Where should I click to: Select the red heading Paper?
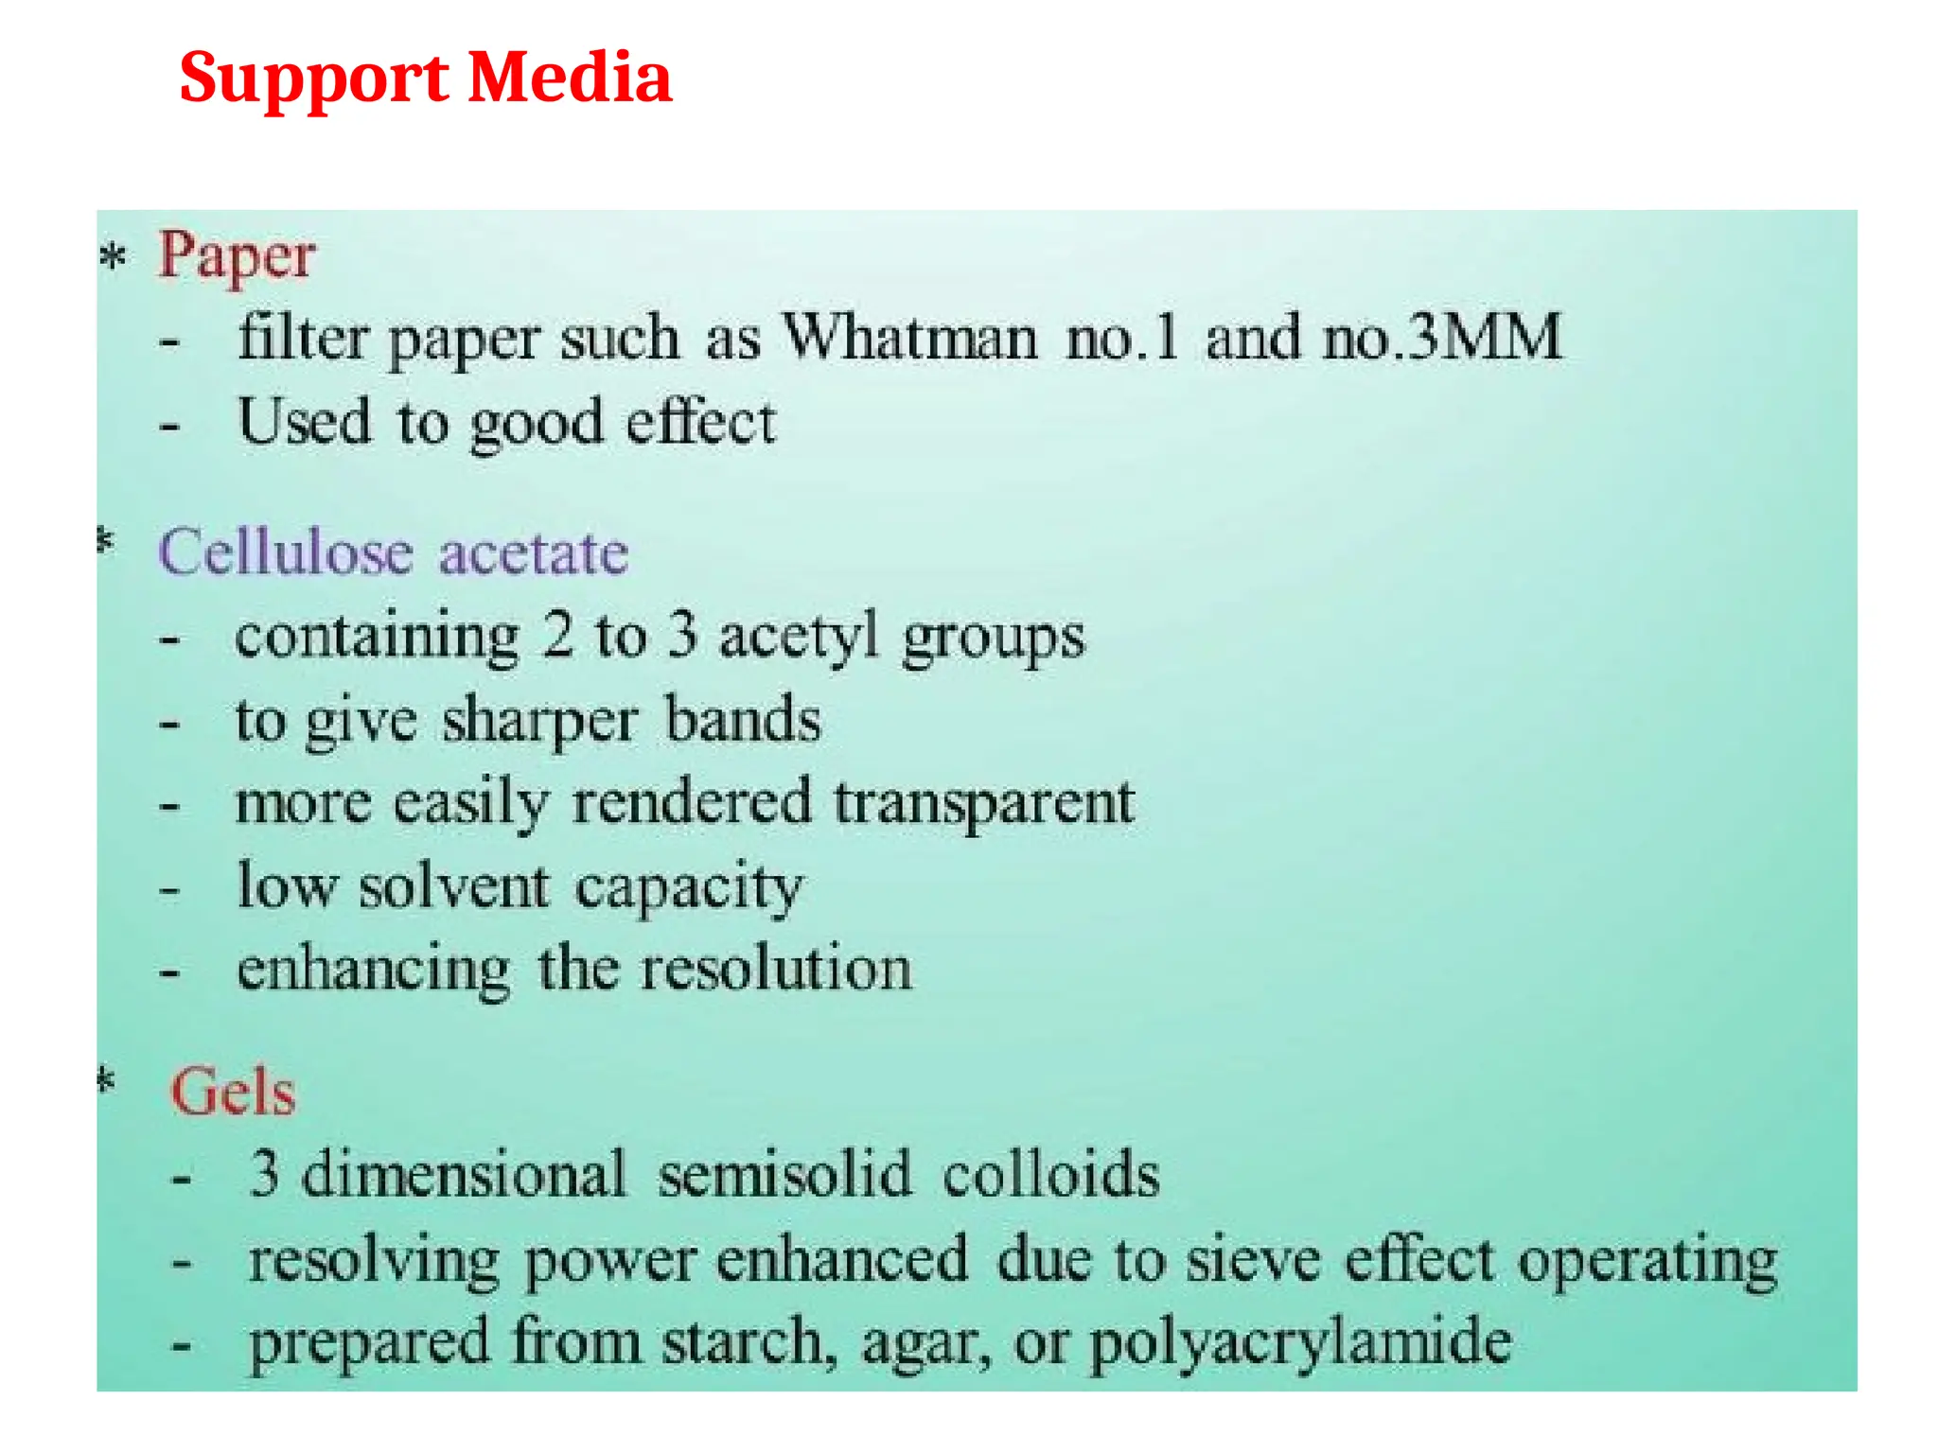[x=237, y=255]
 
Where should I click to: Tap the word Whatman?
[x=909, y=338]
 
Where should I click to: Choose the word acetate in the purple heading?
[x=534, y=552]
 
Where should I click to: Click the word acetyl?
[x=799, y=637]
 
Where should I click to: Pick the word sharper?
[x=540, y=721]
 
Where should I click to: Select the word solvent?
[x=453, y=887]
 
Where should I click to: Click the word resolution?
[x=776, y=970]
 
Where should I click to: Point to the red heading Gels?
[x=233, y=1093]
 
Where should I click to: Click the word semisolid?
[x=784, y=1175]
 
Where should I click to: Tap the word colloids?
[x=1050, y=1175]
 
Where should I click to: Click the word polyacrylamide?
[x=1300, y=1343]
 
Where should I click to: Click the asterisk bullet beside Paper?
[x=113, y=256]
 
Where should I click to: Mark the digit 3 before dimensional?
[x=264, y=1175]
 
